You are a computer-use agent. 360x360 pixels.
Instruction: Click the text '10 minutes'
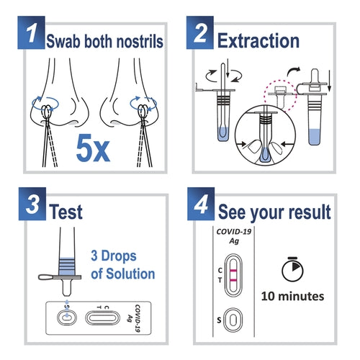coord(292,296)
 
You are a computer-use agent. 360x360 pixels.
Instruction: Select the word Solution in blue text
coord(130,274)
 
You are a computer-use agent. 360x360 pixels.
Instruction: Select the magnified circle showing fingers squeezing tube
coord(266,137)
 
